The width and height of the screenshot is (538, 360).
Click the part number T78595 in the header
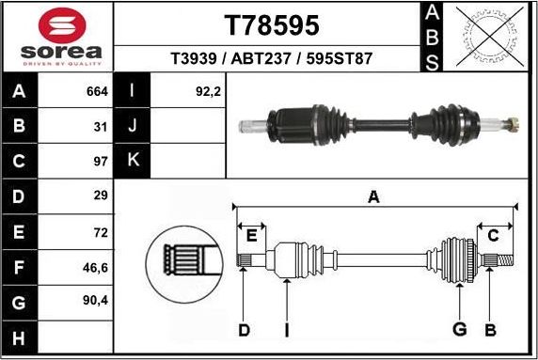[271, 24]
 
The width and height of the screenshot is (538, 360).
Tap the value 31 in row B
[101, 125]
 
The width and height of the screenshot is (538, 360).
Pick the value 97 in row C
[101, 160]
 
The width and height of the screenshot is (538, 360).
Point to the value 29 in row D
[101, 196]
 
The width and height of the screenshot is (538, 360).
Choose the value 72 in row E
[101, 230]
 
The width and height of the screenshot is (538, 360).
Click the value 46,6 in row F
[96, 267]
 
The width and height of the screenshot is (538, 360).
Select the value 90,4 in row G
[96, 302]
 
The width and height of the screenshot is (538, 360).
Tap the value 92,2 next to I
[207, 91]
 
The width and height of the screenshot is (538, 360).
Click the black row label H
[19, 337]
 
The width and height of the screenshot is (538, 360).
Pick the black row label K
[133, 161]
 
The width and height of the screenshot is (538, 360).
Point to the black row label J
[133, 125]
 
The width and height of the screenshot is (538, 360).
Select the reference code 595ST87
[337, 58]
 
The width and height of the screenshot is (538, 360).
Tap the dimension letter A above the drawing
[373, 196]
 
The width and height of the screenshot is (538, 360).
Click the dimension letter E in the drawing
[251, 235]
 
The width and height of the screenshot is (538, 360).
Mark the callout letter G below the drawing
[460, 329]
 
